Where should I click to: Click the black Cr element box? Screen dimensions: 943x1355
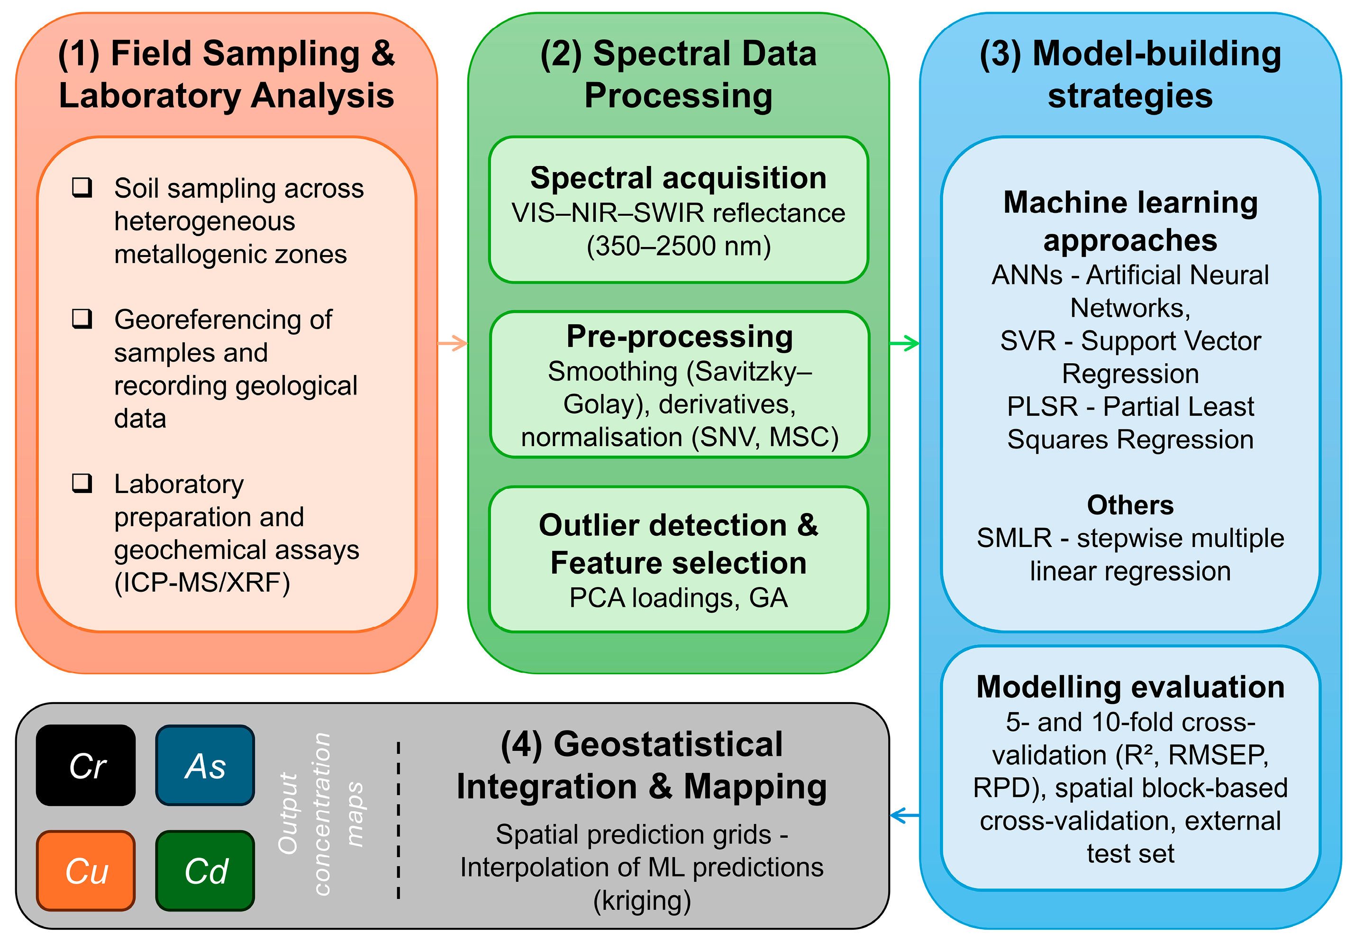point(86,765)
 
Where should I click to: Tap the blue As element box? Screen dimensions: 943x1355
point(205,765)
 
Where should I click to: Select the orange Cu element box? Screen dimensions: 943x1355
point(86,870)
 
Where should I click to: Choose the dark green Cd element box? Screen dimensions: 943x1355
point(205,870)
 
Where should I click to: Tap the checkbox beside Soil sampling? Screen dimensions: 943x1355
point(82,187)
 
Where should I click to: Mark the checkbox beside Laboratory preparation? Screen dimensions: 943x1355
point(82,483)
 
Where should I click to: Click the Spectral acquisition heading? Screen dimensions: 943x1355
point(678,178)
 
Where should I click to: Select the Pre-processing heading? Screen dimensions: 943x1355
point(679,337)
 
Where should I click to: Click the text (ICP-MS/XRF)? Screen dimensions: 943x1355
point(202,583)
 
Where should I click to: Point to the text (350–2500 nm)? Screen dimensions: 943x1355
point(678,246)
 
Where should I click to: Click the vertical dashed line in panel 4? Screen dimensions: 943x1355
point(399,821)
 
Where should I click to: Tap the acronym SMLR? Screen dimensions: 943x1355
point(1014,538)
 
